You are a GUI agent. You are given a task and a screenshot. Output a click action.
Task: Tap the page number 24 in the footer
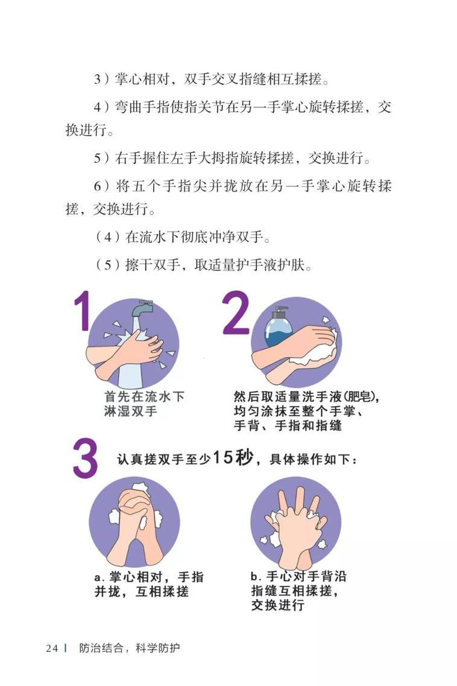[52, 648]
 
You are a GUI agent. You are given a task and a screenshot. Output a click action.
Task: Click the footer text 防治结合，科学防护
[130, 648]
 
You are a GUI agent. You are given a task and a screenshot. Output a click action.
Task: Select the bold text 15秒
[232, 457]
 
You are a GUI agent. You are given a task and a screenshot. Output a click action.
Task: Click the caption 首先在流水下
[144, 396]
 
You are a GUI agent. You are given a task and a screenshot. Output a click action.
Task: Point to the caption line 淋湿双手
[130, 411]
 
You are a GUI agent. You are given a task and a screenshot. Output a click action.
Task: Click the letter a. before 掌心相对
[99, 577]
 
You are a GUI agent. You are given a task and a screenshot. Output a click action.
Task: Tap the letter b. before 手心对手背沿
[256, 576]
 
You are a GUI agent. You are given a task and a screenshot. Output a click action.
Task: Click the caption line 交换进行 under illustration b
[278, 605]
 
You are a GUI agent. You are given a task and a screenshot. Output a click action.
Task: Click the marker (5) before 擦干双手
[107, 265]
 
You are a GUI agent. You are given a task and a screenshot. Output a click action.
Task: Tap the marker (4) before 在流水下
[107, 238]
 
